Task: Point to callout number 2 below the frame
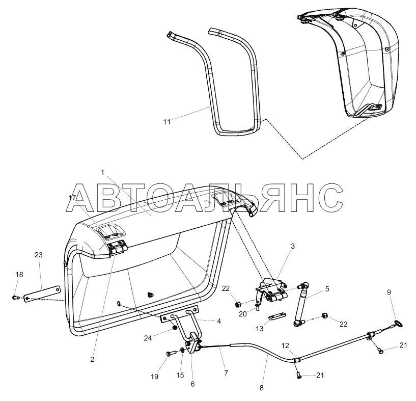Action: (x=92, y=359)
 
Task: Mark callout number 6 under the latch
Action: (x=192, y=384)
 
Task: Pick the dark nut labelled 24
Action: (x=175, y=327)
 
